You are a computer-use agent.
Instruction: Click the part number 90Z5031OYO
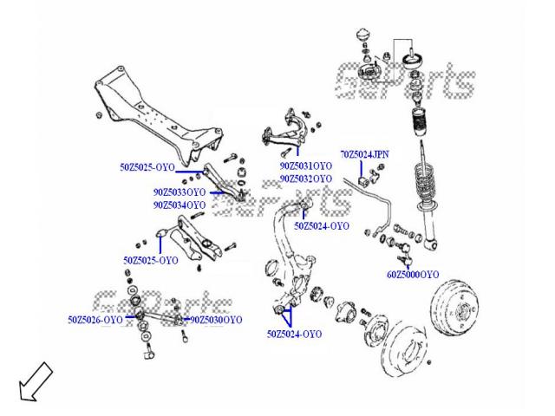pos(305,165)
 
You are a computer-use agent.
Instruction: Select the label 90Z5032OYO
pos(305,179)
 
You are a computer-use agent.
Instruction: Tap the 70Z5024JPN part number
pos(364,154)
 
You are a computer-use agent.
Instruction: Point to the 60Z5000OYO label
pos(413,274)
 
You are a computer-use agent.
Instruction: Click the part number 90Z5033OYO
pos(180,192)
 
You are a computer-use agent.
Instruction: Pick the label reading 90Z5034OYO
pos(180,205)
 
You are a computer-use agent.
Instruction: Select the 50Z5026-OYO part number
pos(95,320)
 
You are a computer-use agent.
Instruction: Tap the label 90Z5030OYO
pos(216,320)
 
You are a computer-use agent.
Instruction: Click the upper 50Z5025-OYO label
pos(147,165)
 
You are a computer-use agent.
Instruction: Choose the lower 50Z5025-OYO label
pos(151,260)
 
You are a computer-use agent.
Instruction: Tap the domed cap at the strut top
pos(362,39)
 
